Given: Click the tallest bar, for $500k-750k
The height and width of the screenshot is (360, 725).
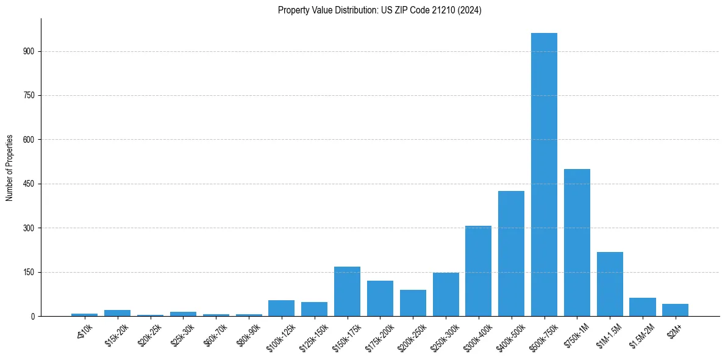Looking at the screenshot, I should point(544,175).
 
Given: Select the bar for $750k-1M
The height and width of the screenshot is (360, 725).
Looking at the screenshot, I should point(577,243).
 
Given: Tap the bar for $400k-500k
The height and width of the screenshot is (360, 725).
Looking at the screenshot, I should point(511,254).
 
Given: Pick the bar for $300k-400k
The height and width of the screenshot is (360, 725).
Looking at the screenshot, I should point(478,271).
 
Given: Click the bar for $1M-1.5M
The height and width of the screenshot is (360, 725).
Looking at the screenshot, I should point(610,284).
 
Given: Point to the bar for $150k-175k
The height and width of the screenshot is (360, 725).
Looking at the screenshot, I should point(347,292).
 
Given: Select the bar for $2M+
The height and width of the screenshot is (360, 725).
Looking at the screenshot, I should point(675,310).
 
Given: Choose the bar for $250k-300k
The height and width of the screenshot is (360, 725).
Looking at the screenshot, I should point(446,295).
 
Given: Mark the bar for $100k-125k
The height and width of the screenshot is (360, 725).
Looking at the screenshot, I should point(281,308).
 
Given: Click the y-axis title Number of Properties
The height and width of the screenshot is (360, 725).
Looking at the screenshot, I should point(10,168).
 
